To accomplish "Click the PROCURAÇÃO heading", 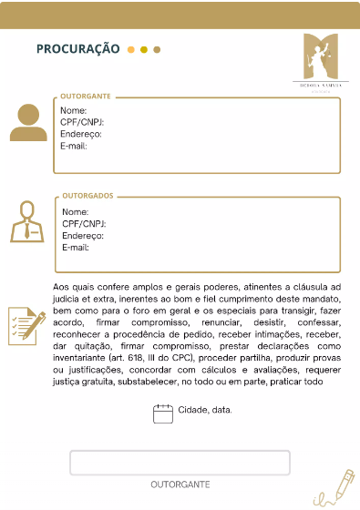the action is tap(77, 48).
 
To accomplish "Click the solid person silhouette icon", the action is tap(28, 122).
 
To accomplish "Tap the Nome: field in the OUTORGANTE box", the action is tap(74, 111).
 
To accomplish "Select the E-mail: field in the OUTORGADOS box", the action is tap(76, 248).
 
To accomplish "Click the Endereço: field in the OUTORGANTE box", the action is tap(81, 134).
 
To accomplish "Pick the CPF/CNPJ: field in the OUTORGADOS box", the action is tap(84, 223).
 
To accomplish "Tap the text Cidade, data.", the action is tap(205, 411).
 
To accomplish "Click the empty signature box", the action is tap(180, 463).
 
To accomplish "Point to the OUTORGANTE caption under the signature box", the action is tap(180, 485).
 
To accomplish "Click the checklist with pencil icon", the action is tap(26, 326).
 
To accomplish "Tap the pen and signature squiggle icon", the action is tap(335, 488).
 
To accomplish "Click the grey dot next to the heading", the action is tap(157, 49).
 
